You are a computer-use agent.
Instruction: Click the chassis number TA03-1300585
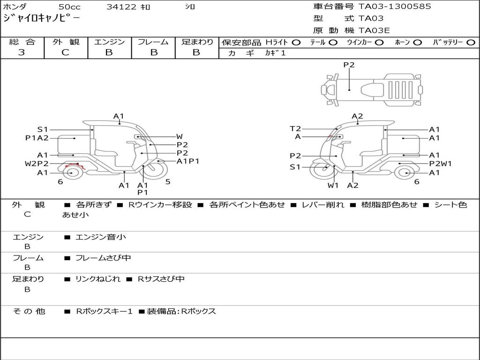click(395, 7)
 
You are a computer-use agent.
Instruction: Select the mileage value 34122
click(121, 7)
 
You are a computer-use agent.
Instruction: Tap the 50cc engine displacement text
click(69, 7)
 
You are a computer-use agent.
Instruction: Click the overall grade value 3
click(22, 52)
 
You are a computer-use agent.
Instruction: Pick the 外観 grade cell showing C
click(65, 52)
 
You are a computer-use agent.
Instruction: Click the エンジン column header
click(109, 42)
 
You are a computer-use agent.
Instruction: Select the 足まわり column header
click(197, 42)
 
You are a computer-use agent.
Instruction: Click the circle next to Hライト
click(296, 42)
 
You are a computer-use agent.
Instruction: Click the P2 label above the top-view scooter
click(349, 65)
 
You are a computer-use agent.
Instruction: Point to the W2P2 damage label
click(37, 164)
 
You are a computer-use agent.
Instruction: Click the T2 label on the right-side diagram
click(295, 128)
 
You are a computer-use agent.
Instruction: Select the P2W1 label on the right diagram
click(440, 164)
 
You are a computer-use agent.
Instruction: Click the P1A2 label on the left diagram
click(37, 138)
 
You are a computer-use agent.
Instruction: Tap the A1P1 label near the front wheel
click(188, 161)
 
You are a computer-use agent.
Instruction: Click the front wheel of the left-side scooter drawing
click(153, 171)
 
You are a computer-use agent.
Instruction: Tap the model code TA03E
click(374, 31)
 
